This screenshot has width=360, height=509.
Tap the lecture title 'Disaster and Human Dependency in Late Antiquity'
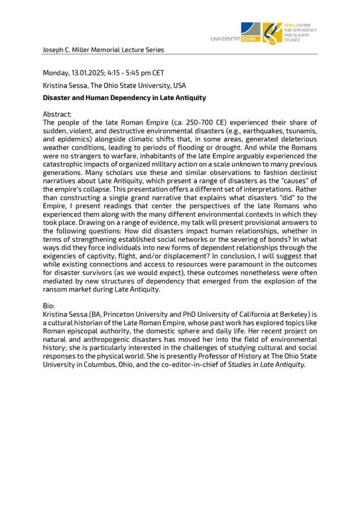click(124, 98)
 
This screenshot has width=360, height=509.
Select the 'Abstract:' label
click(58, 115)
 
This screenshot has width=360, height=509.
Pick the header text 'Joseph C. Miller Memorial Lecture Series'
click(103, 50)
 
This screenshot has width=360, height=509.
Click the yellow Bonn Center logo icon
click(271, 32)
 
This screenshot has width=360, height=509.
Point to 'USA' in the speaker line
click(177, 85)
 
